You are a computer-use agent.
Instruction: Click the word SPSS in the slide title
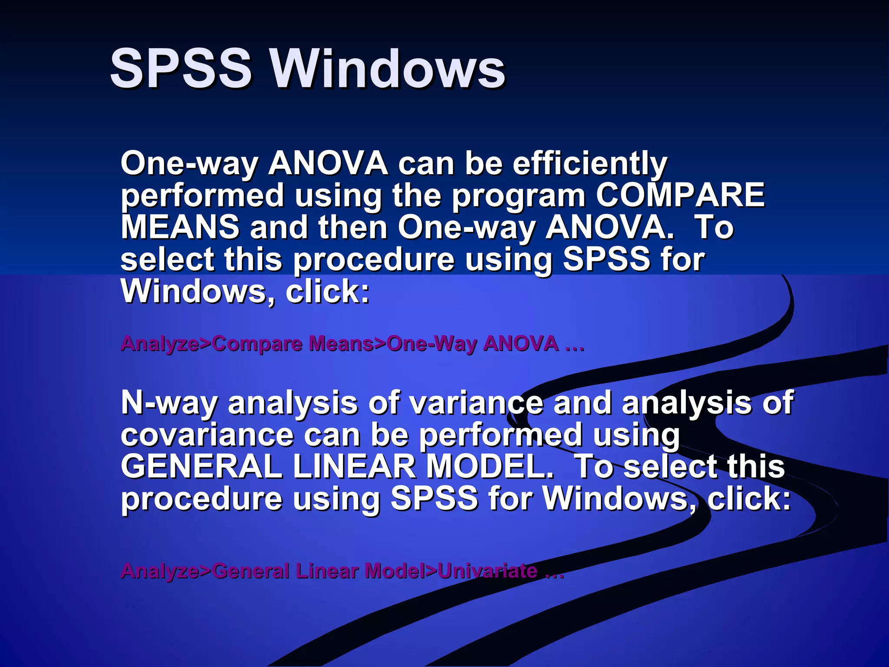point(181,69)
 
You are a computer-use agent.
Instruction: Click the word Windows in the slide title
point(388,69)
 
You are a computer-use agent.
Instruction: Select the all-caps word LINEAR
point(354,467)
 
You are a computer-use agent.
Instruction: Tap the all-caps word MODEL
point(489,467)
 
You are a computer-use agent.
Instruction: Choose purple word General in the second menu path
point(251,571)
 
